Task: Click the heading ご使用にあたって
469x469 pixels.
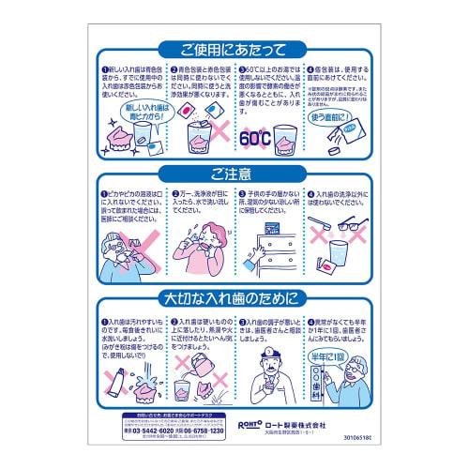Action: (234, 50)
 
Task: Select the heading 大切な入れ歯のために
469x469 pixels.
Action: (234, 300)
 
